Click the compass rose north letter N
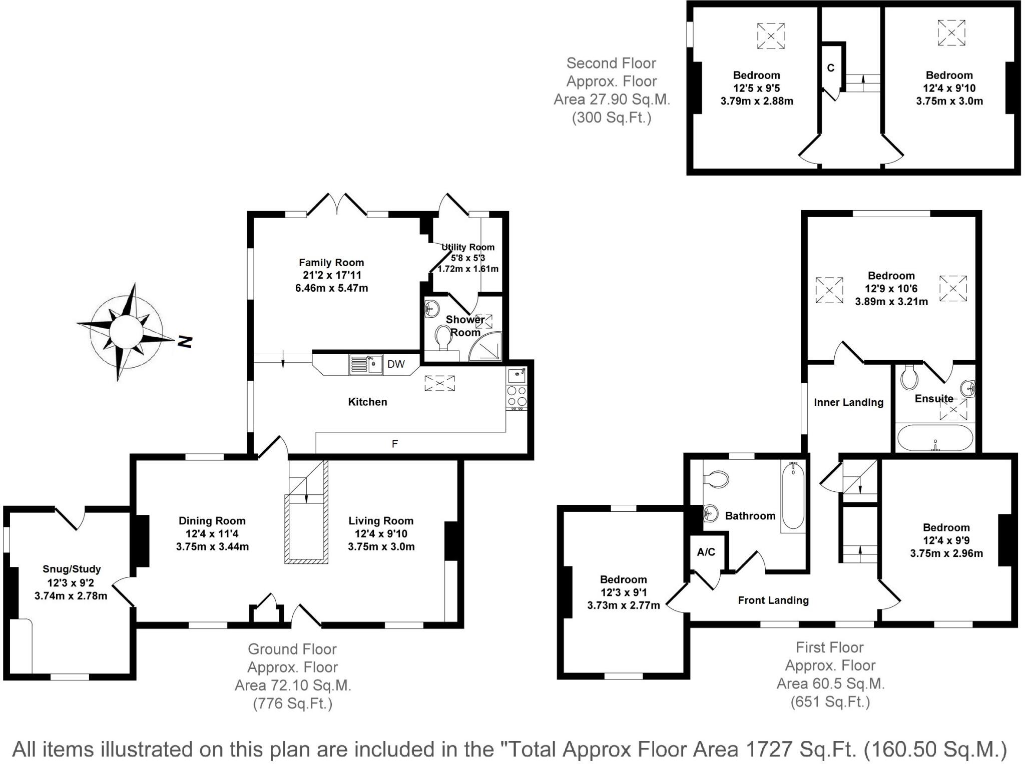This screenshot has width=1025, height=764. [x=185, y=341]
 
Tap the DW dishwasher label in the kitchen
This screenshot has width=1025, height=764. [x=396, y=364]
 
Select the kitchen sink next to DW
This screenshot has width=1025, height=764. [x=365, y=364]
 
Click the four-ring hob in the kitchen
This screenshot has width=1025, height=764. [x=516, y=396]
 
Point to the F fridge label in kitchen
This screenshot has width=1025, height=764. [x=395, y=444]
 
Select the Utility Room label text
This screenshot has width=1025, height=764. [x=468, y=247]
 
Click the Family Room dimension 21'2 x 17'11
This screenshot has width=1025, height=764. [x=331, y=275]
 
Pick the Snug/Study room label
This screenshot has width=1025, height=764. [x=72, y=569]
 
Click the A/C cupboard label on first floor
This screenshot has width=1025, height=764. [x=706, y=552]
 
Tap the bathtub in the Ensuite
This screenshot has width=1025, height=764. [x=934, y=438]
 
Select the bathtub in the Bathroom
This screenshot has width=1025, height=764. [x=793, y=495]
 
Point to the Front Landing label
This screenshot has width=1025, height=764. [x=773, y=600]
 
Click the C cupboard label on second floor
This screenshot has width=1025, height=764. [x=831, y=68]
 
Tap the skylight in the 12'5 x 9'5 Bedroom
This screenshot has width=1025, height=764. [x=771, y=36]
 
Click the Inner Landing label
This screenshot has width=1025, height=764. [x=848, y=402]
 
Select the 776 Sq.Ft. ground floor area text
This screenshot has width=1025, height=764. [x=293, y=703]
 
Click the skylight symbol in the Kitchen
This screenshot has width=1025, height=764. [x=439, y=383]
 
